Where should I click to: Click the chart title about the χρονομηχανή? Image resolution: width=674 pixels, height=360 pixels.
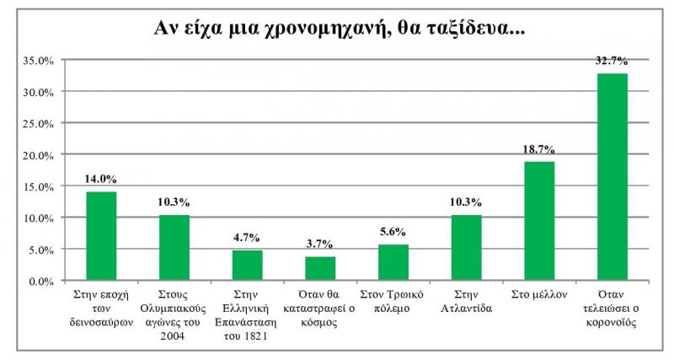pos(338,29)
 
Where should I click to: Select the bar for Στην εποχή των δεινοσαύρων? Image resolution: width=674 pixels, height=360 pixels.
pos(101,236)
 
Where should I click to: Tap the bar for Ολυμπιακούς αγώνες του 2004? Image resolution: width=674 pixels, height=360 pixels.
pos(174,248)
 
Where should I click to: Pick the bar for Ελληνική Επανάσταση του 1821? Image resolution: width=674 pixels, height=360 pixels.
pos(248,266)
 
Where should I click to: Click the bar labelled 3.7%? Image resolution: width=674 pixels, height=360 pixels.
pos(320,268)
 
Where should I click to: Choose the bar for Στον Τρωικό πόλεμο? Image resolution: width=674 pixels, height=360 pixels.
pos(393,262)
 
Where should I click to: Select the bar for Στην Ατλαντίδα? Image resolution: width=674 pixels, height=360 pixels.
pos(466,248)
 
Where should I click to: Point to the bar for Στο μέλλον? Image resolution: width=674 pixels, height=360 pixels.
pos(539,221)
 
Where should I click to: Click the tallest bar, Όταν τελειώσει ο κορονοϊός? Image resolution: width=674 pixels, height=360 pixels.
pos(612,177)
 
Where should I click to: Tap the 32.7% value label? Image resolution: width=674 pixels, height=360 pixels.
pos(612,62)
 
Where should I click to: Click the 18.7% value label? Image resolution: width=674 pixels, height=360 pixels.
pos(539,149)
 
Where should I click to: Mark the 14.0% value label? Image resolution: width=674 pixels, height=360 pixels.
pos(101,179)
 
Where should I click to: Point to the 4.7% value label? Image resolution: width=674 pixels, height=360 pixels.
pos(248,238)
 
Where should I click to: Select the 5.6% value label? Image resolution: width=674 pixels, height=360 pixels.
pos(393,232)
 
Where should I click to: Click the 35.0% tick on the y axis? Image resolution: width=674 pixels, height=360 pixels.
pos(39,60)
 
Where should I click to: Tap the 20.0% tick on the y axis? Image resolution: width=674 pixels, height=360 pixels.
pos(39,155)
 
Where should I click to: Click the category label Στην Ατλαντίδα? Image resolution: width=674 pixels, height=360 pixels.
pos(466,301)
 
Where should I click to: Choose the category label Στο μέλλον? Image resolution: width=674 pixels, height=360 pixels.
pos(539,294)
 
